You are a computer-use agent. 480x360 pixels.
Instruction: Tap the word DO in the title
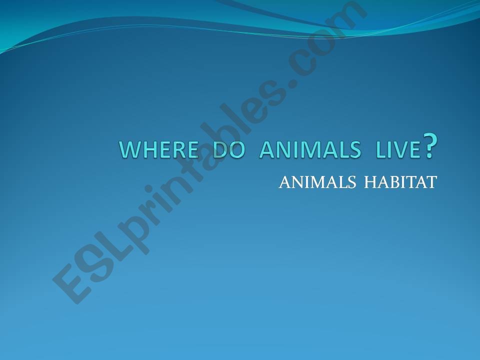[230, 149]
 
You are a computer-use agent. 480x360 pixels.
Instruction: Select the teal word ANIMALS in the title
[309, 149]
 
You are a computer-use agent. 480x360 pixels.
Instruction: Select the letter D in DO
[222, 149]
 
